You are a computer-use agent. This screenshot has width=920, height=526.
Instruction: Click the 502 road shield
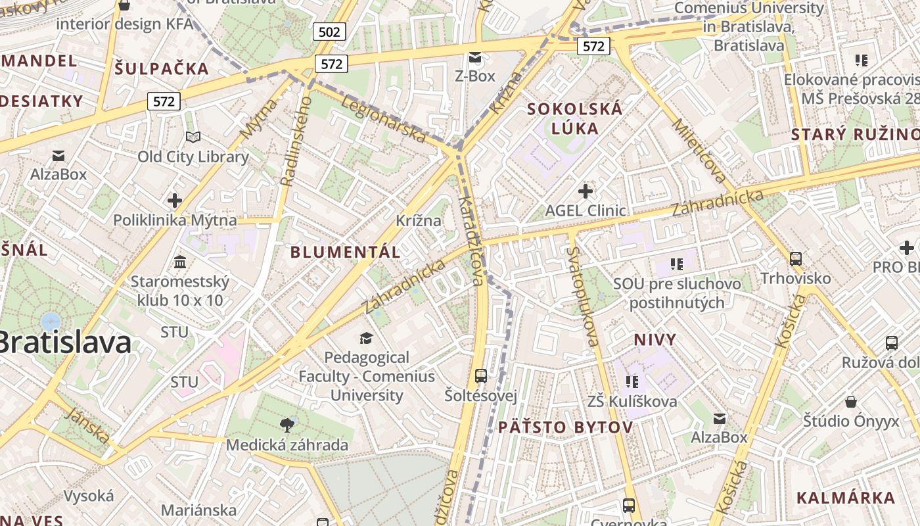coord(330,31)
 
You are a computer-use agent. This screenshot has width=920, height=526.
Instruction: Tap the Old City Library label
coord(193,156)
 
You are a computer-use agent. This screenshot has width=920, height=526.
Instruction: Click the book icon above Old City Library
coord(193,137)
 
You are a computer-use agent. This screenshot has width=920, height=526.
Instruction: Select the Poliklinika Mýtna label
coord(175,220)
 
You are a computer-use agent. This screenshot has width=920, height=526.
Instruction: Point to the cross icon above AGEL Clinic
coord(585,191)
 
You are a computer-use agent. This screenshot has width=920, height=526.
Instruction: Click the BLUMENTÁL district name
coord(345,252)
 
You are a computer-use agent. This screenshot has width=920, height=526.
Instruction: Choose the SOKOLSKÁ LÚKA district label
coord(574,118)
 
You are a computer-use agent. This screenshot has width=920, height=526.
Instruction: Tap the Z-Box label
coord(474,76)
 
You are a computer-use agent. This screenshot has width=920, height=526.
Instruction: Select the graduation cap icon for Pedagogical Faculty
coord(366,338)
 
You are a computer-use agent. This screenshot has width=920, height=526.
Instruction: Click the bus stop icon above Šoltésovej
coord(481,376)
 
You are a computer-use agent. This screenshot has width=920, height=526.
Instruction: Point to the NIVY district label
coord(655,339)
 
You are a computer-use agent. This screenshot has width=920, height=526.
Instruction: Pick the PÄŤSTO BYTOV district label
coord(565,427)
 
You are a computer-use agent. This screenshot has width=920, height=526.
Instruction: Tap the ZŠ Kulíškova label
coord(632,401)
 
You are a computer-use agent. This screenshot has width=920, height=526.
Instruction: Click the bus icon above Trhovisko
coord(795,258)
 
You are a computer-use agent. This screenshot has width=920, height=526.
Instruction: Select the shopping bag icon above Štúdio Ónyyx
coord(851,401)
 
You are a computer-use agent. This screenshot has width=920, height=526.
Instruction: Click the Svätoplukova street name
coord(582,296)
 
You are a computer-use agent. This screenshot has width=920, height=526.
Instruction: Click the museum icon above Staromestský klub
coord(179,262)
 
